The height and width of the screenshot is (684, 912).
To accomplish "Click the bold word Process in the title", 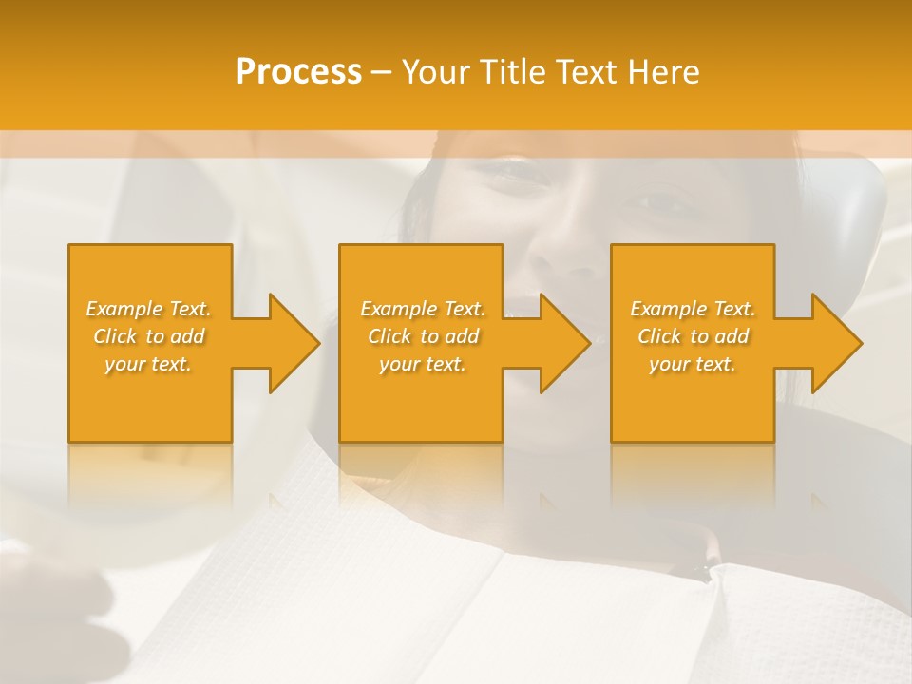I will tap(298, 72).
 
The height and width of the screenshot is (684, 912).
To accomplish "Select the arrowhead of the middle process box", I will tap(564, 343).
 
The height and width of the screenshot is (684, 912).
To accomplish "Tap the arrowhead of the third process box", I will tap(836, 343).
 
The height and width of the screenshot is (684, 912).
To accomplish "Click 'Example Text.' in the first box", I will tap(149, 309).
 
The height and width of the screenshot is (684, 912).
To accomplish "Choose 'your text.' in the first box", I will tap(149, 364).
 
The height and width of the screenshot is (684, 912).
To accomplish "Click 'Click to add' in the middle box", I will tap(423, 336).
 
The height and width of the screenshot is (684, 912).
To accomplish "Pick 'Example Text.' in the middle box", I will tap(423, 309).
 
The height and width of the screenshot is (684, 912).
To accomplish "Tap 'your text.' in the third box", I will tap(693, 364).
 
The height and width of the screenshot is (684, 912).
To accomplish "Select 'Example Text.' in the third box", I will tap(693, 309).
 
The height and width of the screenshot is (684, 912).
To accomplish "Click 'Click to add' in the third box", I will tap(693, 336).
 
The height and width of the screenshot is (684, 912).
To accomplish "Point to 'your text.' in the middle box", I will tap(423, 364).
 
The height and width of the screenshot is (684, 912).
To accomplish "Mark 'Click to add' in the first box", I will tap(149, 336).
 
